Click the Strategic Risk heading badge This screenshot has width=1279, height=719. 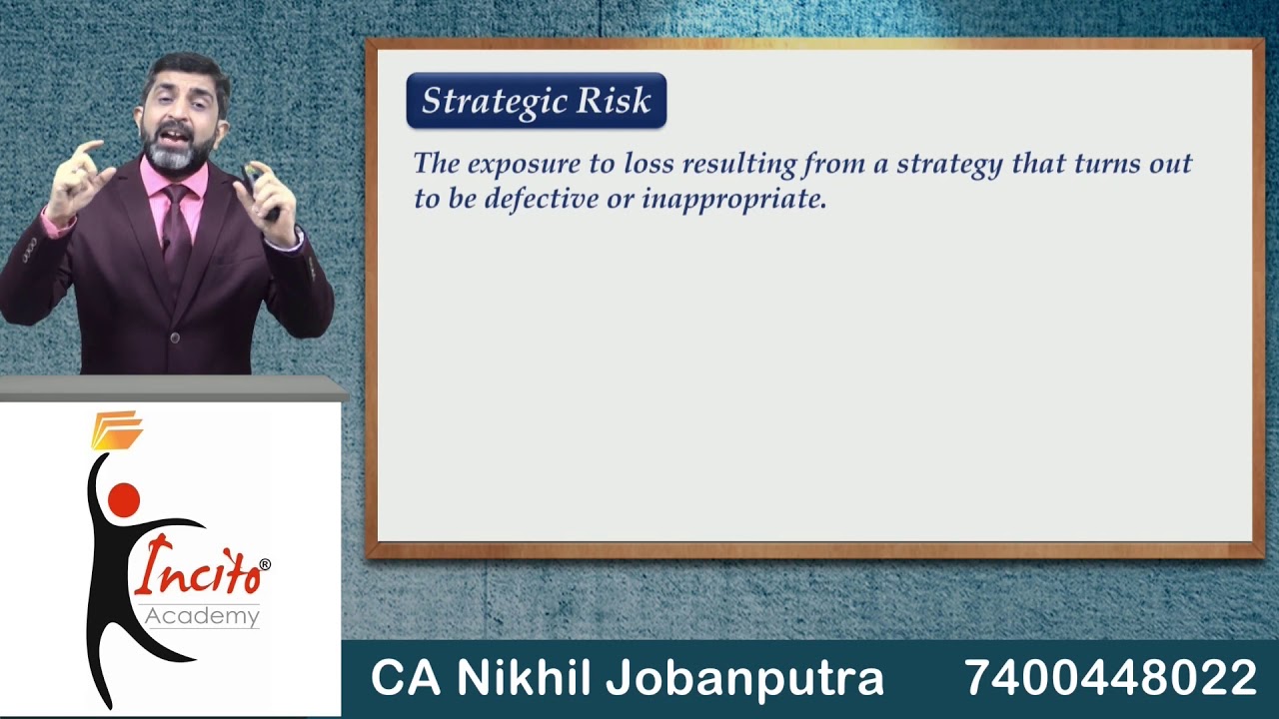pos(536,101)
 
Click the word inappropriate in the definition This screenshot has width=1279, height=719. pos(733,199)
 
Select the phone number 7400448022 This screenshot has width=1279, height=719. pos(1110,678)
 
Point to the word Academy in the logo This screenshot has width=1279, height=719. pos(202,616)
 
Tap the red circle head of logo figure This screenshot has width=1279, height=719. pos(124,499)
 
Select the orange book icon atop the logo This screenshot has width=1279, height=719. pos(117,429)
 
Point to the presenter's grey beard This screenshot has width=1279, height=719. pos(180,152)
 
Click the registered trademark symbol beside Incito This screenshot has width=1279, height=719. pos(264,565)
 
